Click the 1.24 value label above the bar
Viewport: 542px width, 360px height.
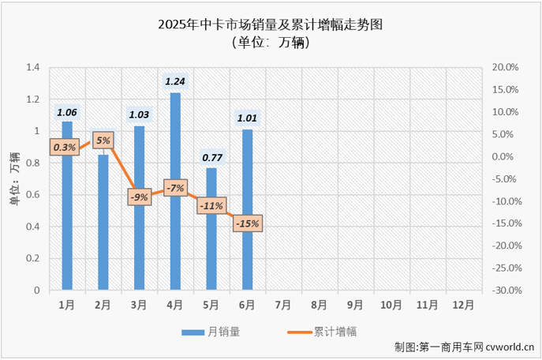tap(175, 81)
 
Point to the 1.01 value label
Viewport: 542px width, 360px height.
tap(247, 119)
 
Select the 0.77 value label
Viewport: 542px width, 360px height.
tap(211, 157)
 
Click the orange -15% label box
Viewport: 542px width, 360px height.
tap(247, 223)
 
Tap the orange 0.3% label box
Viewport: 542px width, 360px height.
tap(65, 147)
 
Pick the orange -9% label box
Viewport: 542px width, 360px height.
tap(139, 197)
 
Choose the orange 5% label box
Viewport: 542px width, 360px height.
tap(103, 141)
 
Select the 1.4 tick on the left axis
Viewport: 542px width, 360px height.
tap(32, 68)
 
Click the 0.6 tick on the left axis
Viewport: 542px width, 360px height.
tap(32, 195)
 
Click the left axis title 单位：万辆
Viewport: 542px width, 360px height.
tap(13, 179)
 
